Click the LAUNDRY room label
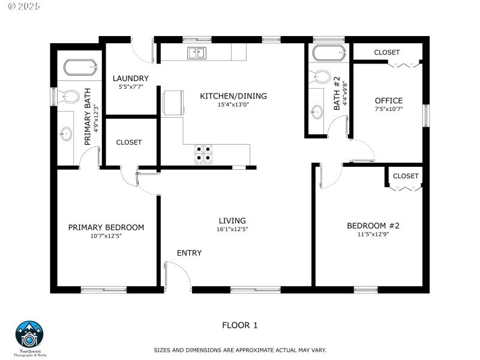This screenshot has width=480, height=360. pos(130,79)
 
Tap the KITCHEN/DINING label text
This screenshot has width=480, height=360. pos(233,96)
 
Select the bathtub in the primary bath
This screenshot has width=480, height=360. pos(80,67)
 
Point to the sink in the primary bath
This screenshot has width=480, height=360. pos(66,133)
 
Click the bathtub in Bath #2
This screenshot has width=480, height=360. pos(328,53)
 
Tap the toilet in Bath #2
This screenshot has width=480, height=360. pos(320,77)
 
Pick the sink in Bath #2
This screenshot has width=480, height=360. pos(317,111)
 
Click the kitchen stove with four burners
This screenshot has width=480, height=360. pos(203,154)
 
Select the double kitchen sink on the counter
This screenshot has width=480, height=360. pos(196,53)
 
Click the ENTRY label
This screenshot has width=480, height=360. pos(189,253)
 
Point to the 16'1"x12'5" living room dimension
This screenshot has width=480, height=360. pos(232,229)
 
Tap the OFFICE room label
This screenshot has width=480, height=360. pos(389,101)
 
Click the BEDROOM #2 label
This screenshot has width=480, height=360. pos(373,226)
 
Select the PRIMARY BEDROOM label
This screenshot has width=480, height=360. pos(106,227)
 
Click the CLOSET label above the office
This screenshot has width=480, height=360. pos(387,53)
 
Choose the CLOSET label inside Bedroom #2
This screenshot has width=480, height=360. pos(406,176)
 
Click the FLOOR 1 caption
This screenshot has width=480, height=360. pos(240,326)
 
